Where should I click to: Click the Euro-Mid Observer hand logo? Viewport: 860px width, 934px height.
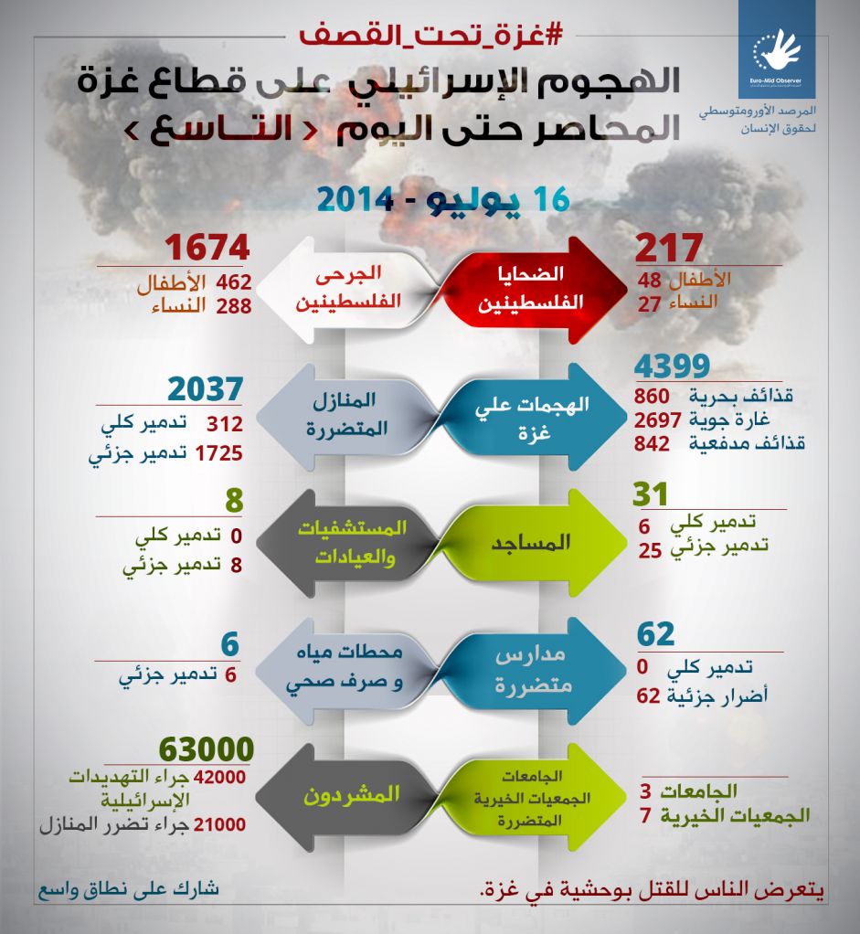[777, 50]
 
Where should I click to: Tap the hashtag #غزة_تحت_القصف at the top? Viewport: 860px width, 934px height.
[430, 36]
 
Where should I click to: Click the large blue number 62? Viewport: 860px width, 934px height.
[656, 633]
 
